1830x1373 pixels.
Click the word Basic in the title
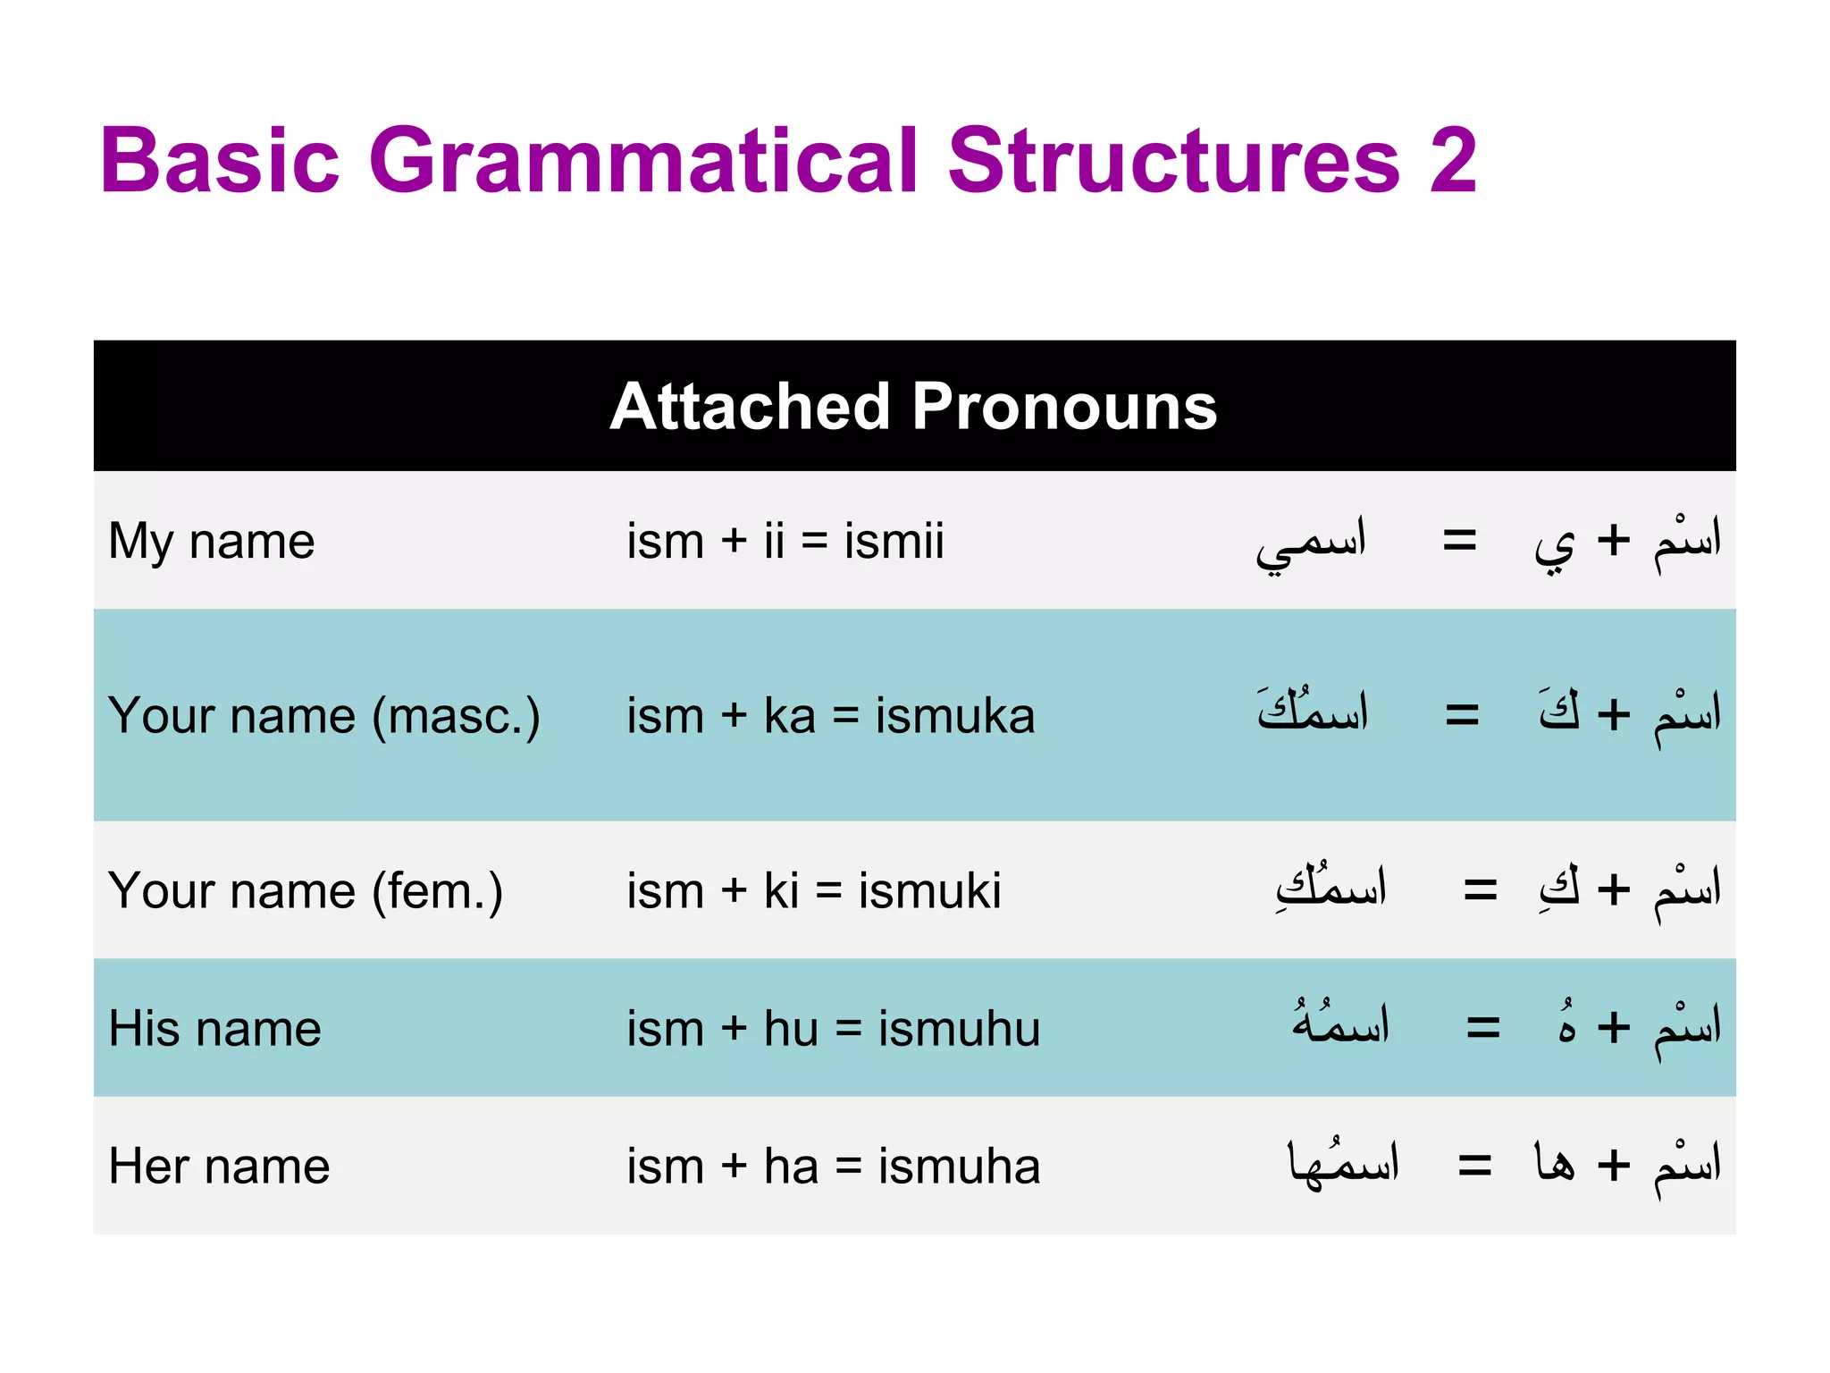pyautogui.click(x=220, y=160)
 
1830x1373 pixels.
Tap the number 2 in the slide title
pyautogui.click(x=1453, y=160)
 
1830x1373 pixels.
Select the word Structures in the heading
pyautogui.click(x=1173, y=160)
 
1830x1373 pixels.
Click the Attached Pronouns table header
pyautogui.click(x=913, y=407)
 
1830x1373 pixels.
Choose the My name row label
pyautogui.click(x=212, y=542)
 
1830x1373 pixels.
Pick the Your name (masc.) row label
pyautogui.click(x=323, y=716)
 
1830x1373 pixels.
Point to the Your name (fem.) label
pyautogui.click(x=306, y=891)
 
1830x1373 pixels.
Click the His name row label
pyautogui.click(x=214, y=1028)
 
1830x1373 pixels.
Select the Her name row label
pyautogui.click(x=219, y=1167)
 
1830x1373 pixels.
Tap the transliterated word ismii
pyautogui.click(x=894, y=542)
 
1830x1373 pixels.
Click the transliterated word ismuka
pyautogui.click(x=954, y=716)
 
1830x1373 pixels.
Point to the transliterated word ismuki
pyautogui.click(x=929, y=891)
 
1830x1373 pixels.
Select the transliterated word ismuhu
pyautogui.click(x=959, y=1028)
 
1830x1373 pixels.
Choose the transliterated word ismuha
pyautogui.click(x=959, y=1167)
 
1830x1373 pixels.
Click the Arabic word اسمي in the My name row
pyautogui.click(x=1311, y=543)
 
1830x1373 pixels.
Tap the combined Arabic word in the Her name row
pyautogui.click(x=1343, y=1165)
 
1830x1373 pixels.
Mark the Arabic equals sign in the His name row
pyautogui.click(x=1483, y=1028)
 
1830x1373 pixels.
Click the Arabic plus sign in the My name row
pyautogui.click(x=1614, y=541)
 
